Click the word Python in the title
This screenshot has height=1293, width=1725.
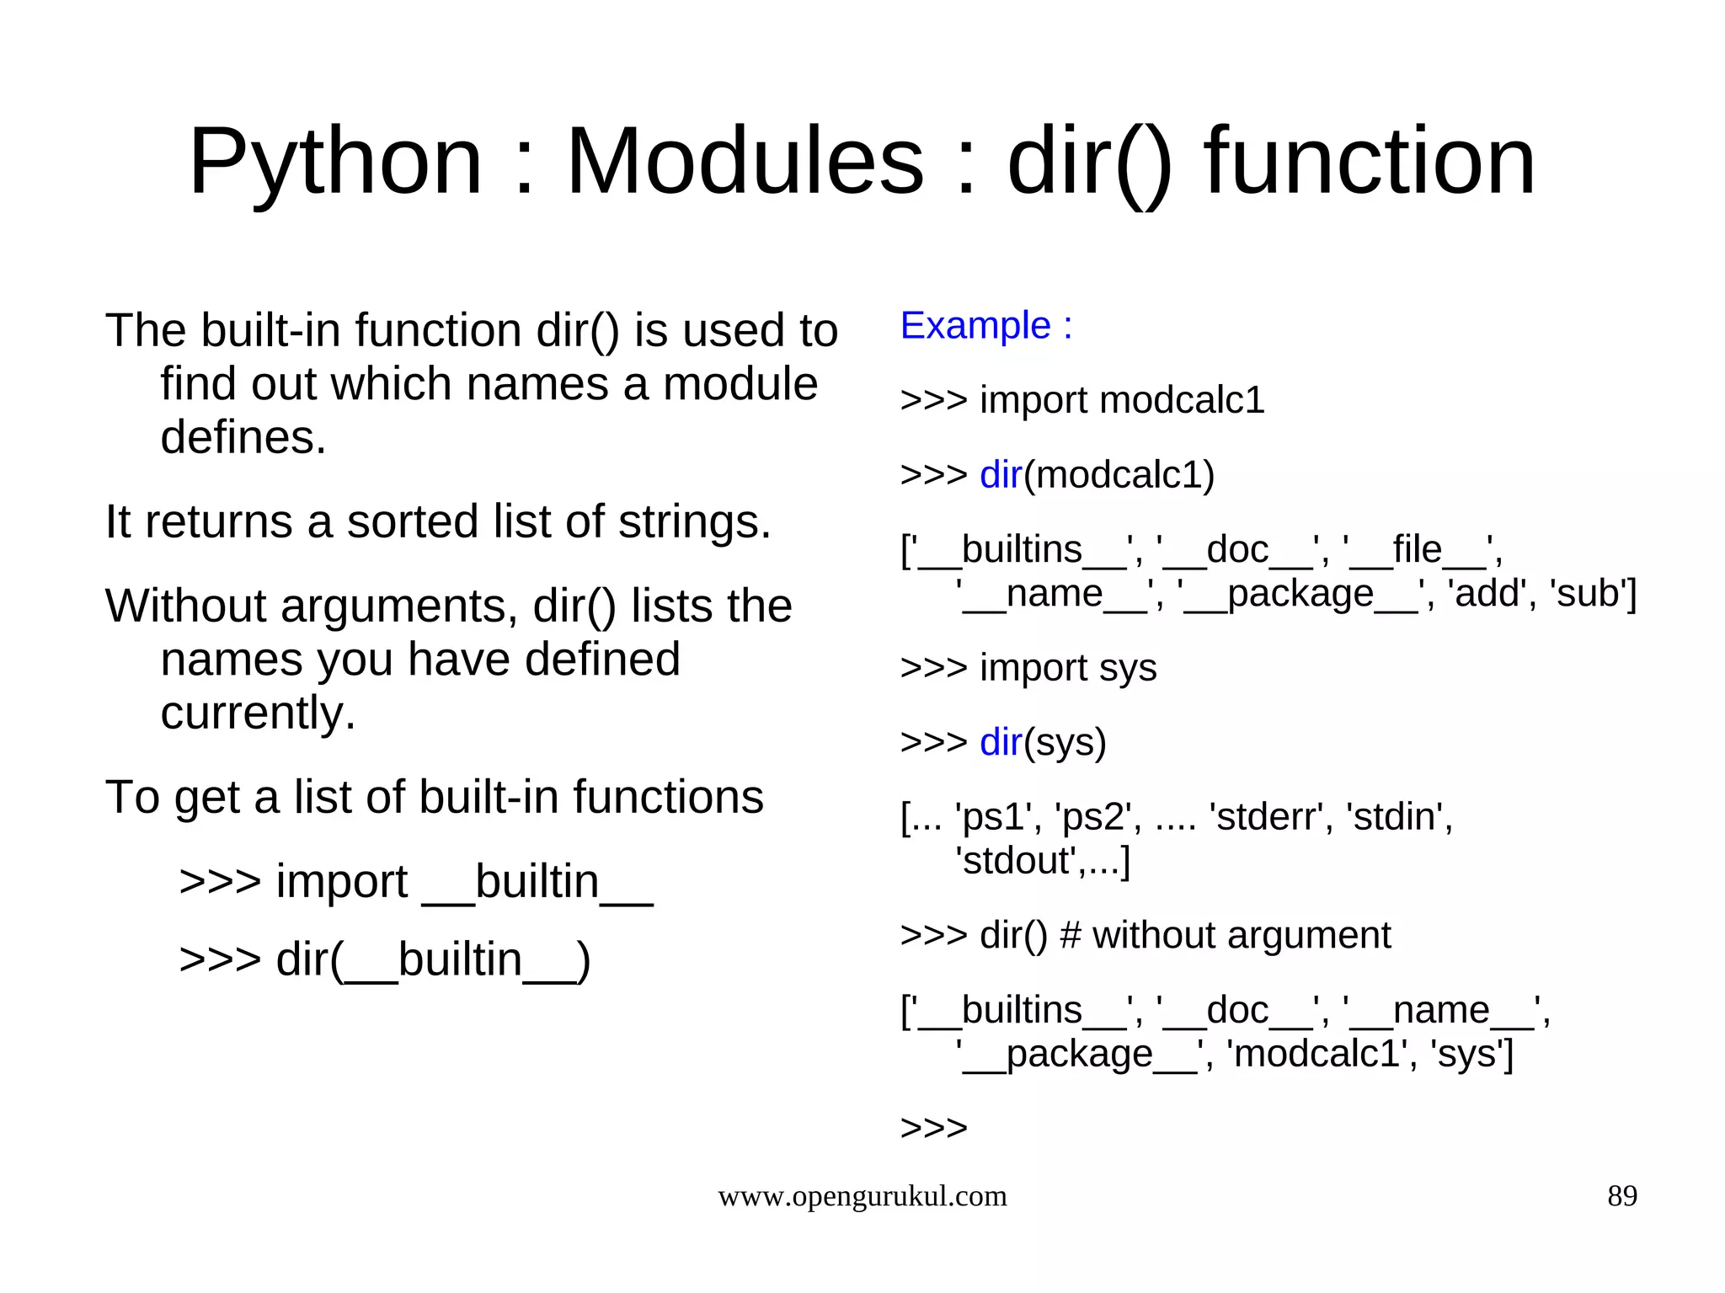[x=335, y=162]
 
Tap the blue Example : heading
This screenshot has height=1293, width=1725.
[x=986, y=326]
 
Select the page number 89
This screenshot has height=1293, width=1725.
[x=1621, y=1196]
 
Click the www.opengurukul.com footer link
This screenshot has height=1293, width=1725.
[x=862, y=1196]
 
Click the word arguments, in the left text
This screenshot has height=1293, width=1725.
[x=396, y=606]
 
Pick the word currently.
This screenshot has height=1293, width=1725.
[x=258, y=713]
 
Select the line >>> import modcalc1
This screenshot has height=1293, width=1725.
[x=1082, y=400]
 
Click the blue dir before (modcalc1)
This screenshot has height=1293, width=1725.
[x=1001, y=475]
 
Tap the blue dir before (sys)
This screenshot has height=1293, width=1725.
[x=1001, y=743]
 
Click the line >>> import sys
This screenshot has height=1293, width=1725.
[x=1028, y=668]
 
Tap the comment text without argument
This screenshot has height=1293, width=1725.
[x=1242, y=936]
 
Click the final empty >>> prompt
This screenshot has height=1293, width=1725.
[x=933, y=1128]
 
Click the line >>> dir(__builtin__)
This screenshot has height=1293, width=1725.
[x=385, y=960]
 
